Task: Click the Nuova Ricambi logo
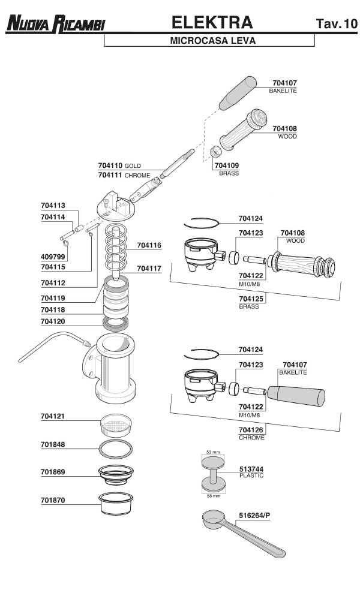56,24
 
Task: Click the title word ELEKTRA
212,23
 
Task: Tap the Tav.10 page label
335,25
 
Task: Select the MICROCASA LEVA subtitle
213,41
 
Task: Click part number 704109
227,165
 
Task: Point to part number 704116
149,245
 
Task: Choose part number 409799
53,257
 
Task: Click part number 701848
53,445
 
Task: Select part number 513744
251,469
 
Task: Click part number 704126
251,430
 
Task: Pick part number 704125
251,299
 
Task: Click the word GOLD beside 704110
133,165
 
